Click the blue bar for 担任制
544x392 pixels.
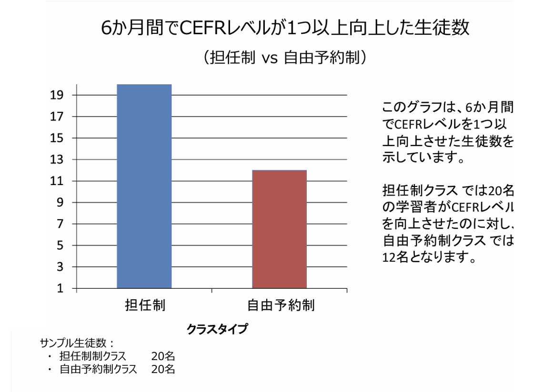(144, 186)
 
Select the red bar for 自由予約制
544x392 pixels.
(279, 229)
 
